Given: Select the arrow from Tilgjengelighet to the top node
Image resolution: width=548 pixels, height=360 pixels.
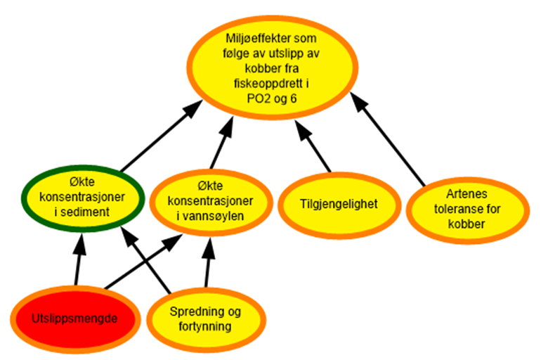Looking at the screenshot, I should point(315,148).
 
